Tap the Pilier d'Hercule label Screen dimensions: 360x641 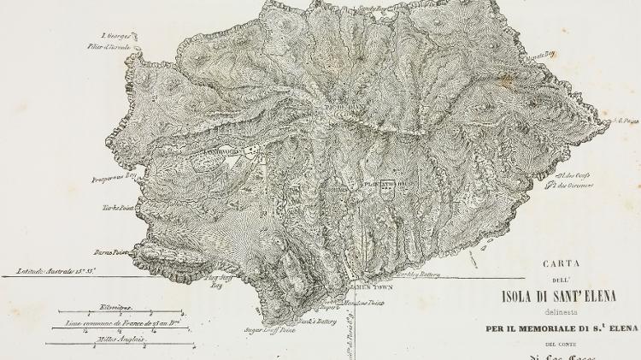[118, 46]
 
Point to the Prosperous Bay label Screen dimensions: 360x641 [115, 179]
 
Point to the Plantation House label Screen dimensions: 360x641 [380, 184]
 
